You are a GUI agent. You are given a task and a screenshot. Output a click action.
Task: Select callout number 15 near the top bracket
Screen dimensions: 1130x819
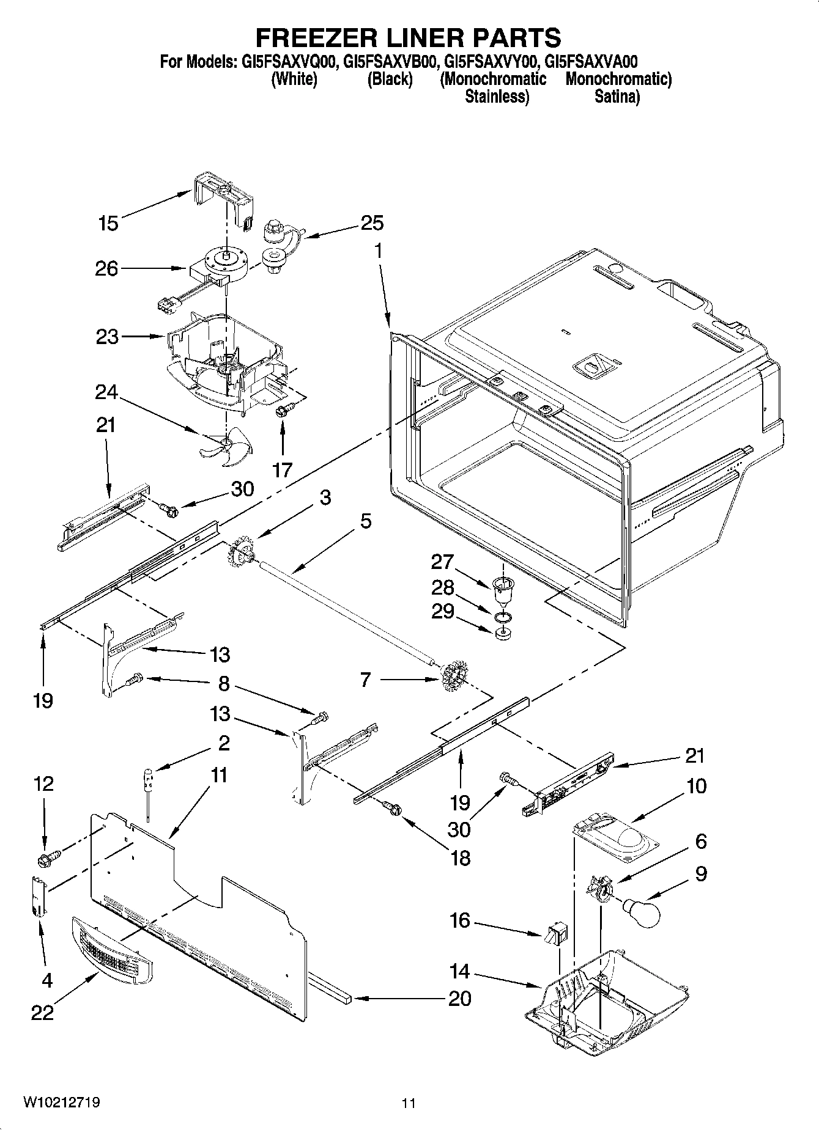(108, 223)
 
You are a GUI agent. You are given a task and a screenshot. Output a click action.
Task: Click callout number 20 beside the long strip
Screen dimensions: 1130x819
(459, 998)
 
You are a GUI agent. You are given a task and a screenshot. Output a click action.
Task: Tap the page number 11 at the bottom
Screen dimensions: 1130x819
(409, 1103)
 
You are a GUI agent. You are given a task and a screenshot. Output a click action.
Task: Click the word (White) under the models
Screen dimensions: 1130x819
(294, 79)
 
